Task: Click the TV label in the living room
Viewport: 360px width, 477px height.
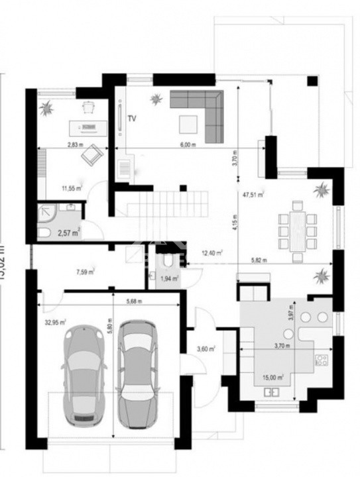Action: pyautogui.click(x=132, y=119)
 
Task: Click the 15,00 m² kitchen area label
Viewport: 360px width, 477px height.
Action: pyautogui.click(x=272, y=377)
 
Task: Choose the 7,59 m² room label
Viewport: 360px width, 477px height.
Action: pyautogui.click(x=85, y=271)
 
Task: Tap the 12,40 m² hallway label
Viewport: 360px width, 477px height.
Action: pyautogui.click(x=212, y=252)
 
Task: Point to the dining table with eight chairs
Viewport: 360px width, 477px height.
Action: pyautogui.click(x=297, y=230)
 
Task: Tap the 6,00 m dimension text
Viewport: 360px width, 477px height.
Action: pyautogui.click(x=188, y=144)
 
